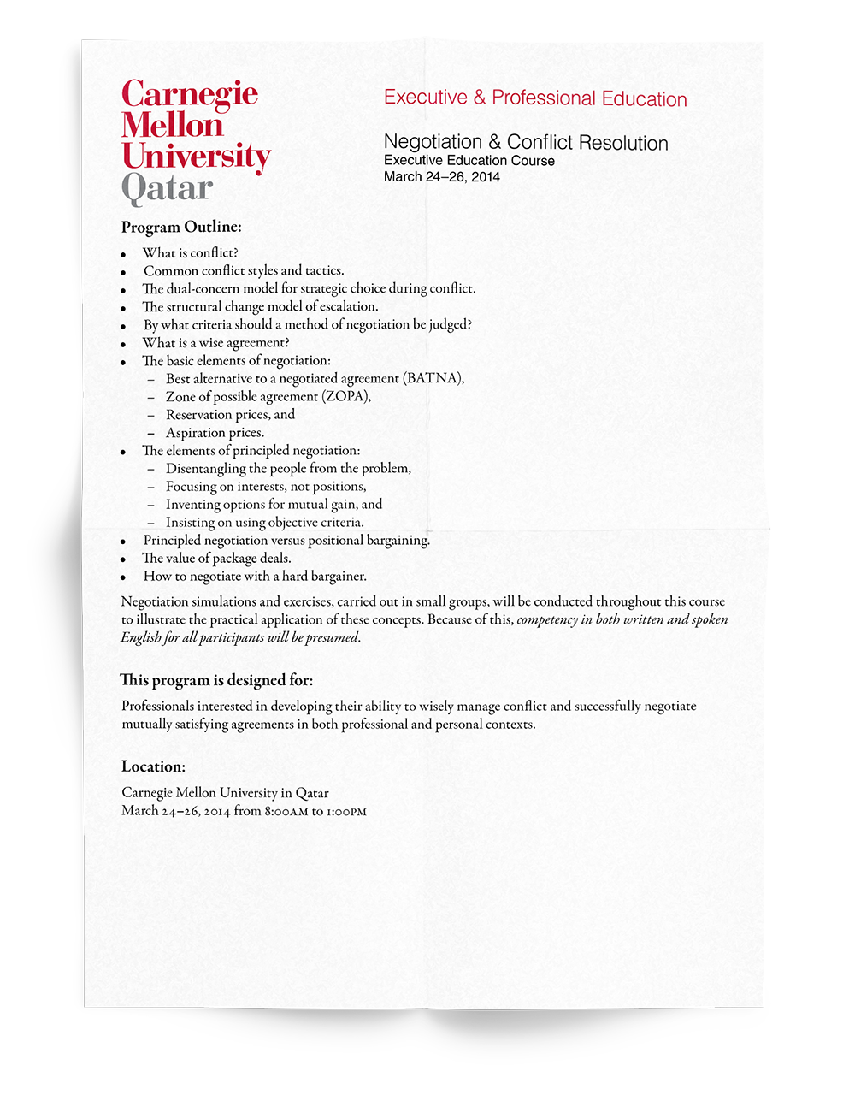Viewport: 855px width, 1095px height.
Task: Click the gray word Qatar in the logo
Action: point(167,188)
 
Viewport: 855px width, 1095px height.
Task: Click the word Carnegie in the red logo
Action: point(190,93)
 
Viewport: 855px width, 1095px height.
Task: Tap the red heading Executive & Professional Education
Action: point(535,98)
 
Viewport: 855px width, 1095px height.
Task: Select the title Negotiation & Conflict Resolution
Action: point(526,142)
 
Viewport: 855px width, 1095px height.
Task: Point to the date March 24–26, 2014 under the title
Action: point(441,177)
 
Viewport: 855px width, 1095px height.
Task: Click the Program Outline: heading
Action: point(181,227)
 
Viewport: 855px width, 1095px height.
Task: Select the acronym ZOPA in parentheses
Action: point(345,396)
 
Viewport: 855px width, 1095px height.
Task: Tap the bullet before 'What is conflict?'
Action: point(124,254)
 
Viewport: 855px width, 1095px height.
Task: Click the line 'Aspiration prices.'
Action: point(215,433)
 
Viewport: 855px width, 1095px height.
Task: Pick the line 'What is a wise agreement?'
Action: point(215,343)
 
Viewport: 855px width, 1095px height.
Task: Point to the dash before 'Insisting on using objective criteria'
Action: point(150,523)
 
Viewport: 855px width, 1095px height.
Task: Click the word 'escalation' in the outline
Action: point(348,306)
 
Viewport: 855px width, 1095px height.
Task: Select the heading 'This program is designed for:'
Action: point(217,680)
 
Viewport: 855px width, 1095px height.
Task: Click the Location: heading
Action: point(153,766)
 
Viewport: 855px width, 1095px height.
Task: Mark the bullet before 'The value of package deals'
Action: point(124,559)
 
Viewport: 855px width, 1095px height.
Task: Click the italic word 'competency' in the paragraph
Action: point(547,619)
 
